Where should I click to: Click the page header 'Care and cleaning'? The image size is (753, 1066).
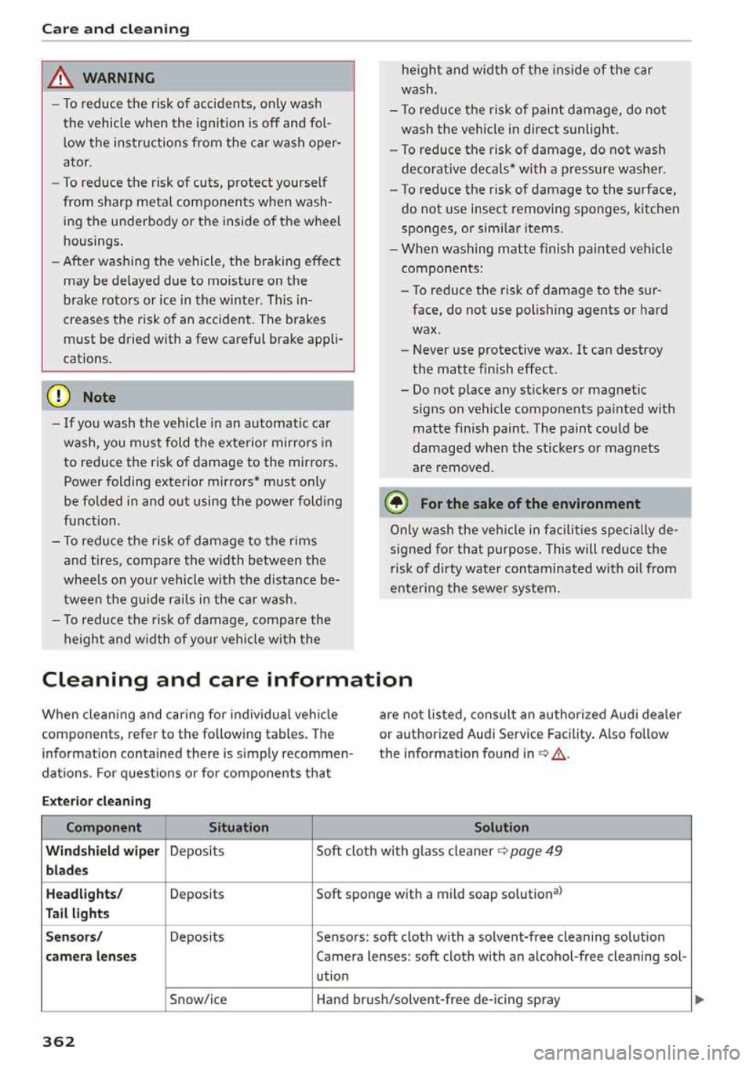(115, 29)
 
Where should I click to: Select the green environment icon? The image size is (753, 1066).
(398, 503)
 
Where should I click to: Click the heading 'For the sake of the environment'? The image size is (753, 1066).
(530, 504)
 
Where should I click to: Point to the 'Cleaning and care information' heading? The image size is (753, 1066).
(227, 679)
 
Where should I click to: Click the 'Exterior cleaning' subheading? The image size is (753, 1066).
(96, 801)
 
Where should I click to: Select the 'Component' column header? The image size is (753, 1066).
(104, 827)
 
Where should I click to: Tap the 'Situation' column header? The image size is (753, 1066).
(238, 827)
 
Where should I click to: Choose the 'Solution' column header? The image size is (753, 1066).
(501, 827)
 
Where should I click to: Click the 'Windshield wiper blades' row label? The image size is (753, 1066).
(102, 860)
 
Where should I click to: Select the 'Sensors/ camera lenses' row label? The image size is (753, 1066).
(91, 947)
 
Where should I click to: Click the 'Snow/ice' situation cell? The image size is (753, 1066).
(198, 999)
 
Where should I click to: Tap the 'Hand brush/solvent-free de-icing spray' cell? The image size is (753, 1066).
(438, 999)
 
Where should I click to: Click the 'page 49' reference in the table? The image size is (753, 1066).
(536, 851)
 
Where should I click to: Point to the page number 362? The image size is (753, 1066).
(59, 1042)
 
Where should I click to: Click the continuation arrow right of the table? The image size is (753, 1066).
(700, 1000)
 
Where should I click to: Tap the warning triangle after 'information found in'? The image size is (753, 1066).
(558, 754)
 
